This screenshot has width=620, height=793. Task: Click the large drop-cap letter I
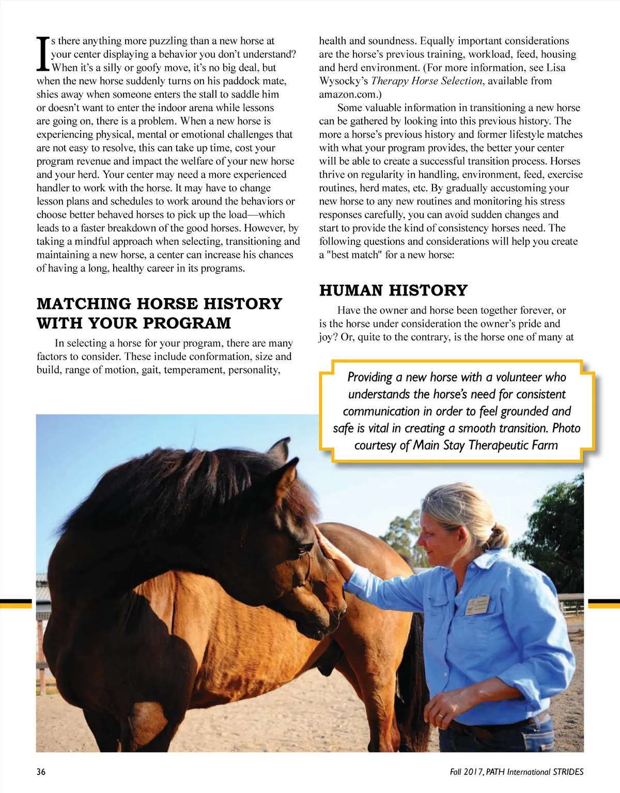pyautogui.click(x=42, y=54)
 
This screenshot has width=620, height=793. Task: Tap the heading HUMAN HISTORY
pyautogui.click(x=393, y=290)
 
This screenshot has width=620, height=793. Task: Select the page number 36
pyautogui.click(x=41, y=772)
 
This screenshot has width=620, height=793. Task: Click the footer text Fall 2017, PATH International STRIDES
pyautogui.click(x=516, y=772)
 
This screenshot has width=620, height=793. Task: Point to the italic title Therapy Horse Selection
pyautogui.click(x=426, y=81)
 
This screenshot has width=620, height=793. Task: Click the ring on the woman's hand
pyautogui.click(x=440, y=716)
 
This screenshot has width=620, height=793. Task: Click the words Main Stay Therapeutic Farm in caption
pyautogui.click(x=485, y=445)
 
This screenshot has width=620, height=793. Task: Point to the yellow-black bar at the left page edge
pyautogui.click(x=16, y=603)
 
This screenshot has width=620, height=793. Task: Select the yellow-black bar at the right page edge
pyautogui.click(x=603, y=603)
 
